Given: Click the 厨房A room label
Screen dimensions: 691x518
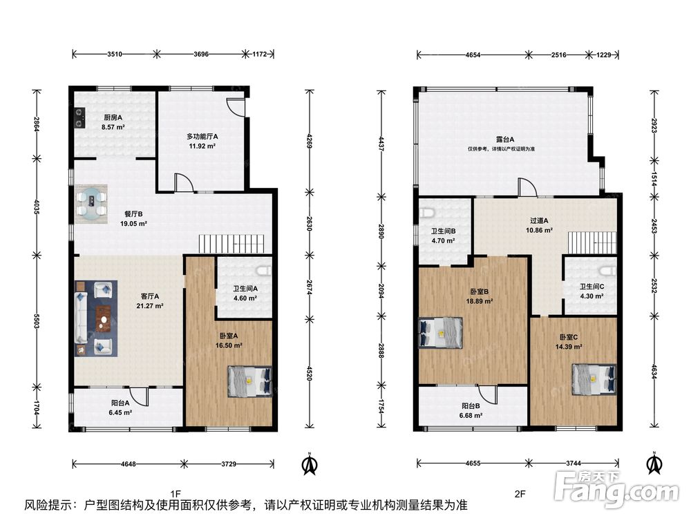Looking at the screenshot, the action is tap(113, 117).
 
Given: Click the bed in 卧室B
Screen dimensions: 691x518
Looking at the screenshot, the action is tap(440, 333).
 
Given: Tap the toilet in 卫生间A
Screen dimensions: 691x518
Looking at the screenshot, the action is tap(265, 270).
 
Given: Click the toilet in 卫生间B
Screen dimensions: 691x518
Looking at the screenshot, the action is tap(426, 213).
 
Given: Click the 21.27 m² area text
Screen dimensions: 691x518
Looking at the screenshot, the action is tap(150, 306).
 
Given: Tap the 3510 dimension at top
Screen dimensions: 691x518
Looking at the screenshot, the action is tap(115, 54).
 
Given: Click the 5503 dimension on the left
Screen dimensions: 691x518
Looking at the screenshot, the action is tap(37, 321).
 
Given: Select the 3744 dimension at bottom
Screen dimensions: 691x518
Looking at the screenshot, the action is tap(574, 463).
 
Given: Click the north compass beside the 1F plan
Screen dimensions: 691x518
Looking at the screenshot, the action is tap(310, 463).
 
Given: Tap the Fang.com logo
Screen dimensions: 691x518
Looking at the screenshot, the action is tap(616, 489).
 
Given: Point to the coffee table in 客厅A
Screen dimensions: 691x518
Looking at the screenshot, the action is tap(104, 318).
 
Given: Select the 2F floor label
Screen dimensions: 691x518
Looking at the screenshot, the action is tap(520, 494).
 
